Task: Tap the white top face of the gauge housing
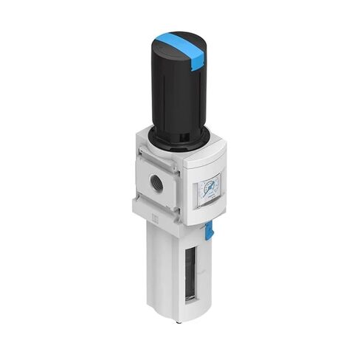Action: tap(203, 156)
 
